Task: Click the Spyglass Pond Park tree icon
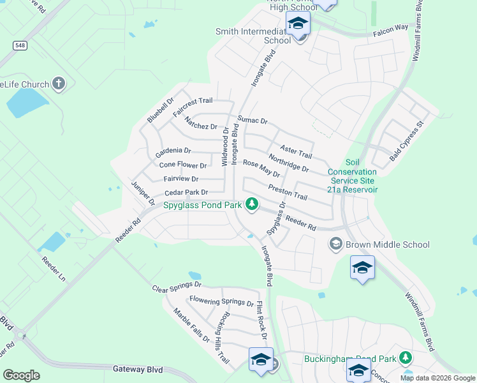pyautogui.click(x=253, y=204)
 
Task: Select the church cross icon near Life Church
pyautogui.click(x=59, y=84)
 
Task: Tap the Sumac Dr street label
pyautogui.click(x=252, y=120)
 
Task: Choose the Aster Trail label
pyautogui.click(x=296, y=152)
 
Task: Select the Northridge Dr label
pyautogui.click(x=288, y=164)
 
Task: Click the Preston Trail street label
pyautogui.click(x=288, y=193)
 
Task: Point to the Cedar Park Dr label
pyautogui.click(x=186, y=192)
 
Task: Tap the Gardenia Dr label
pyautogui.click(x=173, y=151)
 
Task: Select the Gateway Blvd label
pyautogui.click(x=138, y=369)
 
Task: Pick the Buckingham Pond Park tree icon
pyautogui.click(x=404, y=358)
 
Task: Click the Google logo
pyautogui.click(x=21, y=375)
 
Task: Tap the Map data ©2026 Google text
pyautogui.click(x=437, y=378)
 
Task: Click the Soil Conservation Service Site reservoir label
pyautogui.click(x=353, y=176)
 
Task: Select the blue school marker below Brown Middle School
pyautogui.click(x=362, y=267)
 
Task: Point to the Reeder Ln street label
pyautogui.click(x=53, y=270)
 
